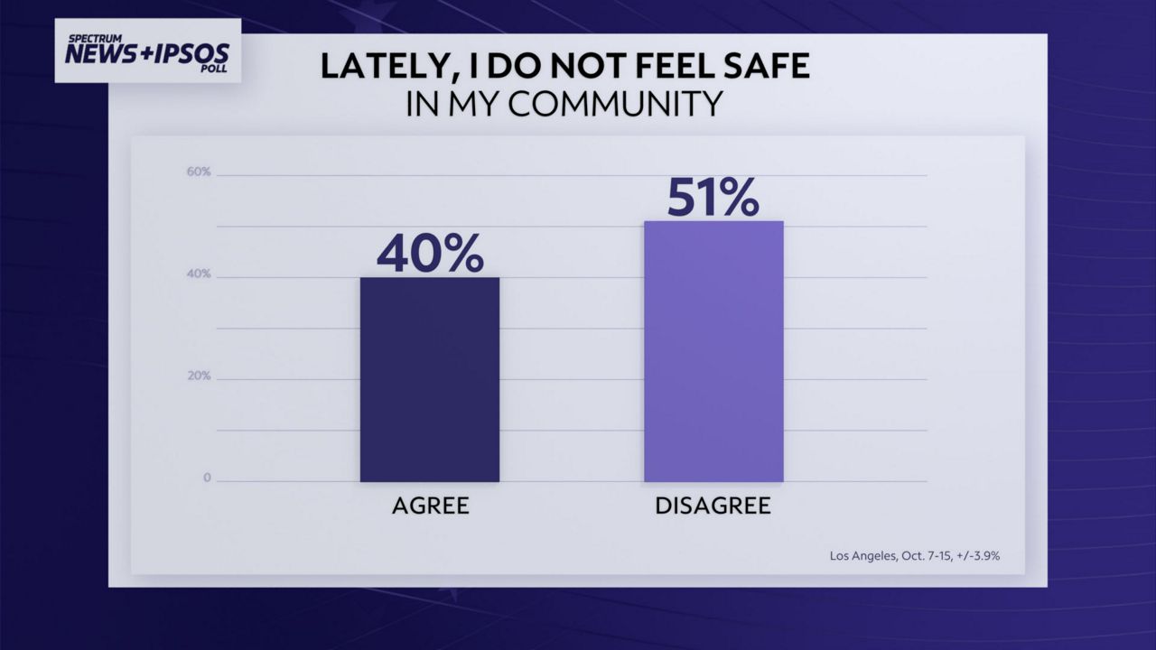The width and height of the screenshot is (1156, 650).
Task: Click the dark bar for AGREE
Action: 430,379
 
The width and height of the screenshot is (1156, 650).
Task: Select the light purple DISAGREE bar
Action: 713,352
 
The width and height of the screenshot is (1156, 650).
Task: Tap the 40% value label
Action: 430,254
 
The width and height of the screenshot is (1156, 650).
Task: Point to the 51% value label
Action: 713,198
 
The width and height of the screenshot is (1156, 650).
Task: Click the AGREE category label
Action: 430,506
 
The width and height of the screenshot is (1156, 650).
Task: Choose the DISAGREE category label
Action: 713,506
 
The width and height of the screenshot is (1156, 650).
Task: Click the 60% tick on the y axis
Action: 200,172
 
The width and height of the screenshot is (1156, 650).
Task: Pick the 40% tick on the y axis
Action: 200,274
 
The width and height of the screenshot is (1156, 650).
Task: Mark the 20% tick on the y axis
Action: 200,376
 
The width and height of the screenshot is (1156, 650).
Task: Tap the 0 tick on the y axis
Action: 207,478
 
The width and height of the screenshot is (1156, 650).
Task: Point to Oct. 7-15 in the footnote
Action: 923,556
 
